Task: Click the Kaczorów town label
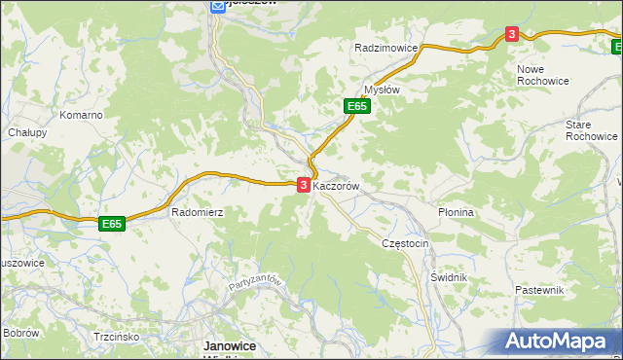[x=338, y=185]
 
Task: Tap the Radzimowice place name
[x=386, y=48]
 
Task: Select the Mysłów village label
[x=382, y=89]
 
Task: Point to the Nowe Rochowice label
[x=543, y=76]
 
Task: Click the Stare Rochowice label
[x=591, y=130]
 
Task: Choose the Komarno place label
[x=81, y=115]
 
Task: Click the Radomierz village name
[x=198, y=211]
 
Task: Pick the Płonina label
[x=456, y=211]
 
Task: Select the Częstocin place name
[x=406, y=243]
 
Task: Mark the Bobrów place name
[x=20, y=333]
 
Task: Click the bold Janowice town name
[x=229, y=345]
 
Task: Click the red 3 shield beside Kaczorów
[x=303, y=184]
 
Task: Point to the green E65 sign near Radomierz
[x=112, y=224]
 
